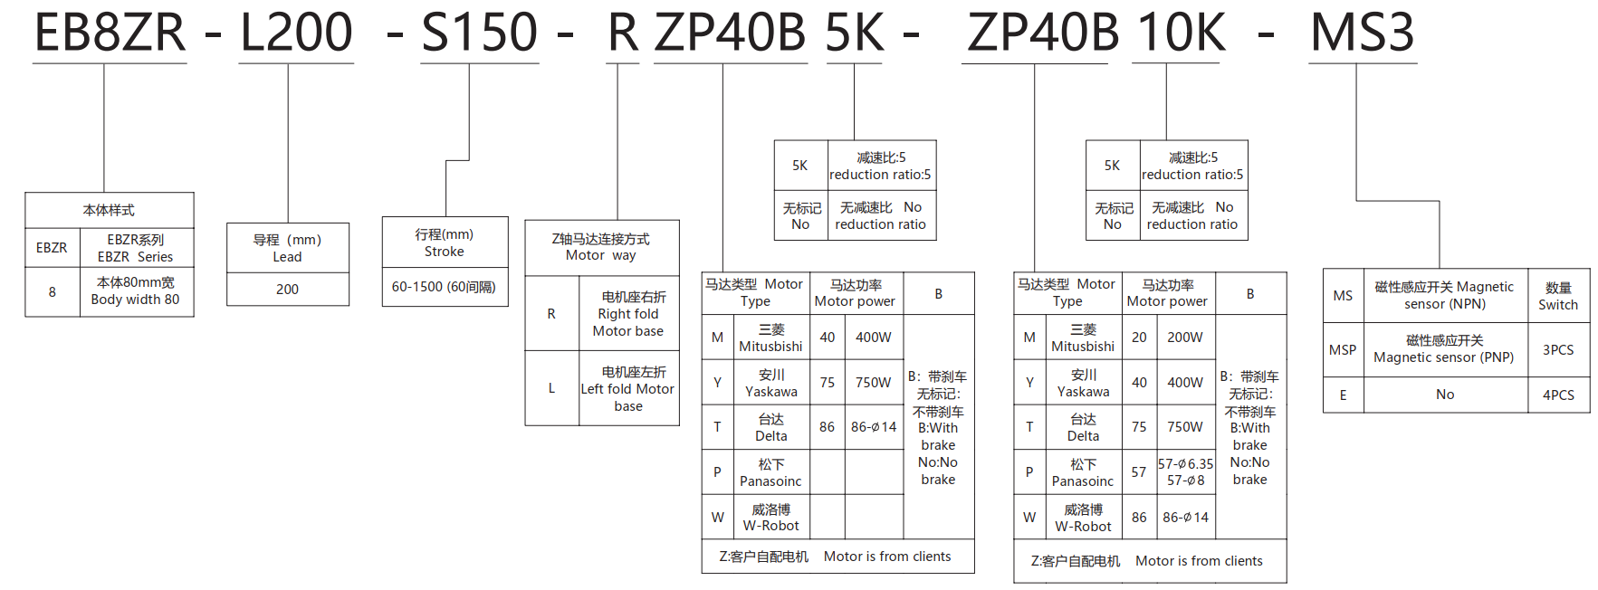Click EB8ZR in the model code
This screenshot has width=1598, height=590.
point(110,33)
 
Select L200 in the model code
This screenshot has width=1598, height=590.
point(296,33)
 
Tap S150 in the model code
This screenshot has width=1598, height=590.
point(480,33)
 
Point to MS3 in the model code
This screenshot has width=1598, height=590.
point(1362,33)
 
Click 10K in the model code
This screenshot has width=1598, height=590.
point(1181,33)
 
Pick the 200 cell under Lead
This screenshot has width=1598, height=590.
point(287,290)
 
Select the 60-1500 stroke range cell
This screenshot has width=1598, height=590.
point(444,287)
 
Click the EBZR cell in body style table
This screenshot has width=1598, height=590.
point(52,248)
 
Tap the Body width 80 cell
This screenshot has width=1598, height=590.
point(136,291)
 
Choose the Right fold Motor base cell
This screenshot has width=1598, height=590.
point(628,314)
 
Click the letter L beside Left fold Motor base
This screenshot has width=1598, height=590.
point(551,388)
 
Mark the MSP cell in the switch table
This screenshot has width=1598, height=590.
point(1343,350)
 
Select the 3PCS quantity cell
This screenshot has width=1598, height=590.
point(1558,350)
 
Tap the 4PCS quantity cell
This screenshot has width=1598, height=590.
point(1558,395)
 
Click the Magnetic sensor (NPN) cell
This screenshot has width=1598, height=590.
point(1444,296)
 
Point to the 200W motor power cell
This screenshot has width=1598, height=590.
point(1184,338)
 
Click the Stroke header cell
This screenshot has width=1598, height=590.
point(444,243)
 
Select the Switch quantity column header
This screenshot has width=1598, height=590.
point(1558,296)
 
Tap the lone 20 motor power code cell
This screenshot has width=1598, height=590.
point(1139,338)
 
